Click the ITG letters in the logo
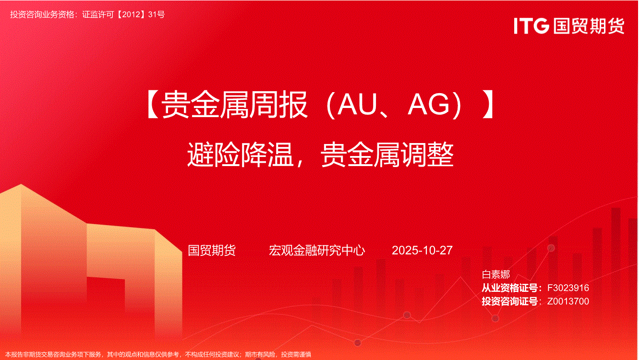[531, 25]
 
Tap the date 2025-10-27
[422, 250]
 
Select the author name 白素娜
[495, 274]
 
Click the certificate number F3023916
[568, 288]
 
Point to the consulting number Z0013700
[568, 301]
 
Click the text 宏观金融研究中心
[316, 250]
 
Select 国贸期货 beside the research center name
[212, 250]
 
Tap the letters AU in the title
[357, 105]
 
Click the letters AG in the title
[429, 105]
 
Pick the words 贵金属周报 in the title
[234, 105]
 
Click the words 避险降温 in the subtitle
[240, 155]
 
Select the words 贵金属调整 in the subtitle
[387, 155]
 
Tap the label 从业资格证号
[510, 288]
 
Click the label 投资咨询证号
[510, 301]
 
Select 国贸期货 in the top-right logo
[589, 26]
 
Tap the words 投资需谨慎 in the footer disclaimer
[296, 355]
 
